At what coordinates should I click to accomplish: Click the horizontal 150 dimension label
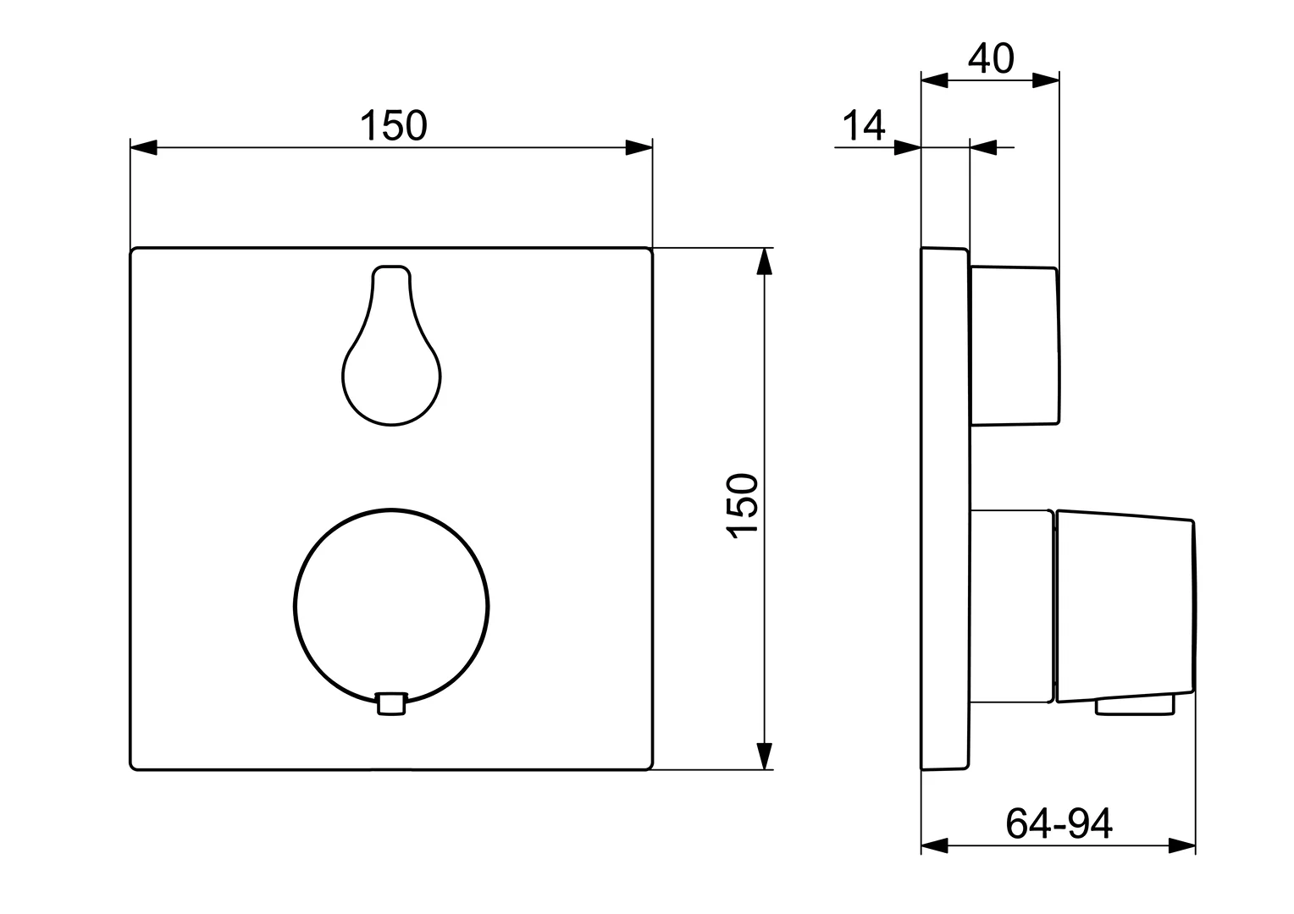[394, 126]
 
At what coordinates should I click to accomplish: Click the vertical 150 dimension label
[742, 505]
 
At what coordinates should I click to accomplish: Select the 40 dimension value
[991, 59]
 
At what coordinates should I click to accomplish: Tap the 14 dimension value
[863, 126]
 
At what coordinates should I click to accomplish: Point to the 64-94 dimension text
[1059, 823]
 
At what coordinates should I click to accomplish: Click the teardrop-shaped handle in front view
[391, 355]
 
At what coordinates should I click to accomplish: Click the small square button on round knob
[390, 703]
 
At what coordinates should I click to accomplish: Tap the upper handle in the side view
[1015, 345]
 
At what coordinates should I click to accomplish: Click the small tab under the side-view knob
[1135, 705]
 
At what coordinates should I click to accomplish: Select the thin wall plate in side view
[944, 508]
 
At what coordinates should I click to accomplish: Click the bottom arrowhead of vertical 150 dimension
[765, 756]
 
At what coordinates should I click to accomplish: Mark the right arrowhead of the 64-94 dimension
[1182, 845]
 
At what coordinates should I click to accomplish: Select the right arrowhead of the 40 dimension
[1046, 81]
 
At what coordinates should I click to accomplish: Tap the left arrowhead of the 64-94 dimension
[934, 845]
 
